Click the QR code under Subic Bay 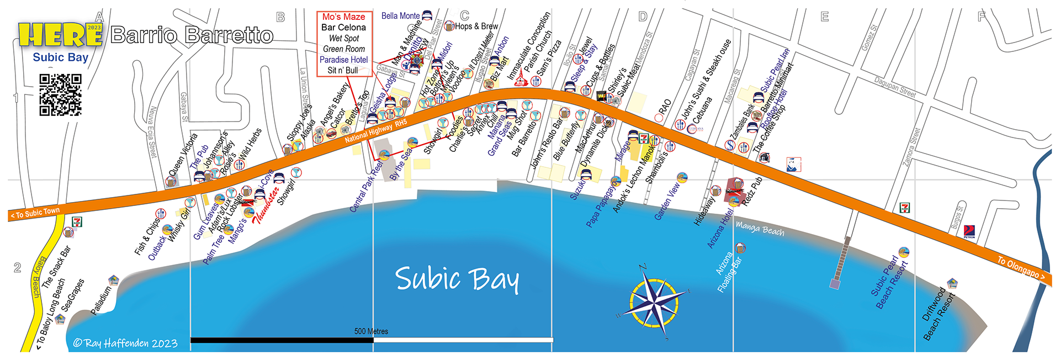pos(60,95)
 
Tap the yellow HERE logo pos(60,35)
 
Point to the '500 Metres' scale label pos(371,331)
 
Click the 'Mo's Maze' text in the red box pos(343,17)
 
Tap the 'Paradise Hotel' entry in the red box pos(343,60)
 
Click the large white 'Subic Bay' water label pos(457,279)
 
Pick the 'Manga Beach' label pos(760,229)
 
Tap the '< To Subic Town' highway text pos(35,213)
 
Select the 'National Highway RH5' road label pos(375,131)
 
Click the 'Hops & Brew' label pos(476,26)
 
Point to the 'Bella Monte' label pos(400,16)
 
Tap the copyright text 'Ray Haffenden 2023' pos(125,343)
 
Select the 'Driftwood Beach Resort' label pos(939,314)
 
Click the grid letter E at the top pos(825,17)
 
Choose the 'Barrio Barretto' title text pos(192,35)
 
